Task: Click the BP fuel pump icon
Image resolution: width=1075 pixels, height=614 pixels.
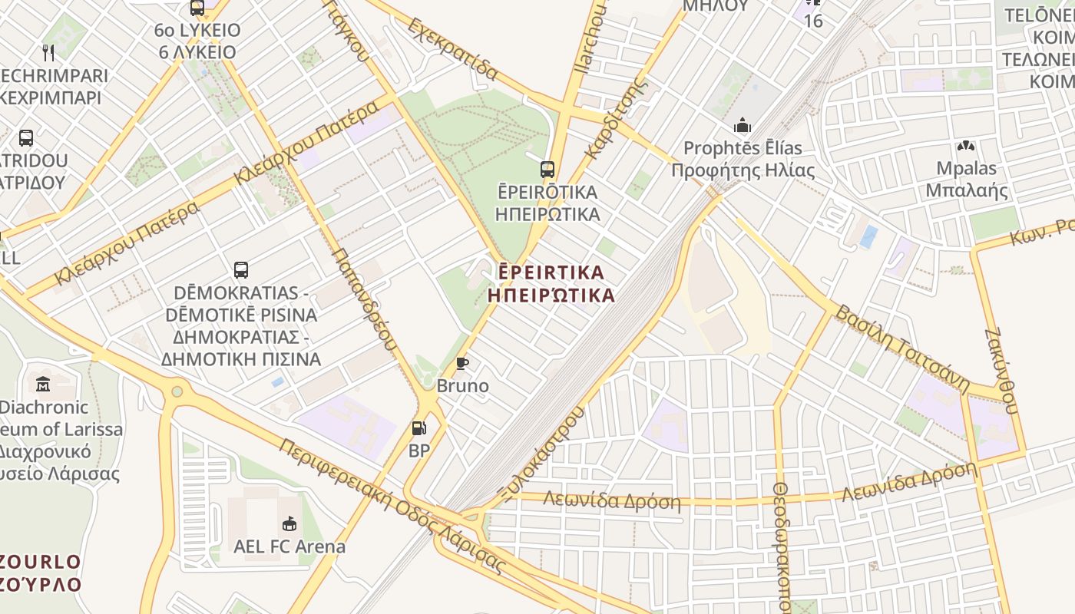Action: click(x=418, y=428)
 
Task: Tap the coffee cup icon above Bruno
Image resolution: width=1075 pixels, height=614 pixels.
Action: click(x=461, y=363)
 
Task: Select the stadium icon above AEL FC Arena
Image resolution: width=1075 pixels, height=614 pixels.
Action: click(x=289, y=524)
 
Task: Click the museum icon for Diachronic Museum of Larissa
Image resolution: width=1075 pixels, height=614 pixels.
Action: click(x=43, y=383)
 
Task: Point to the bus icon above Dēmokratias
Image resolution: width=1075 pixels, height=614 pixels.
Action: click(x=241, y=270)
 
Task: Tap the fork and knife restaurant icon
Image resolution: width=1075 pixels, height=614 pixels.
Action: click(x=48, y=52)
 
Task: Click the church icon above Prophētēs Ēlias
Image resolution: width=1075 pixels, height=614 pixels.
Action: click(x=743, y=124)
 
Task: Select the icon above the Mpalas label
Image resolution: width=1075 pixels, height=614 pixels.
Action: click(x=966, y=146)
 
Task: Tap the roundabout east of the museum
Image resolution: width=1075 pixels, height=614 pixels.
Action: click(x=177, y=391)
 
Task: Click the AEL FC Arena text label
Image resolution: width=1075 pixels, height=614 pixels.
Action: click(x=289, y=547)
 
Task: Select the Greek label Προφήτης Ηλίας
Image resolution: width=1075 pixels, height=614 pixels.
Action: click(x=743, y=170)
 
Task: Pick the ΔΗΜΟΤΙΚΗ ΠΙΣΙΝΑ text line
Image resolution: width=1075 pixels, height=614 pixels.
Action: click(x=241, y=358)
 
